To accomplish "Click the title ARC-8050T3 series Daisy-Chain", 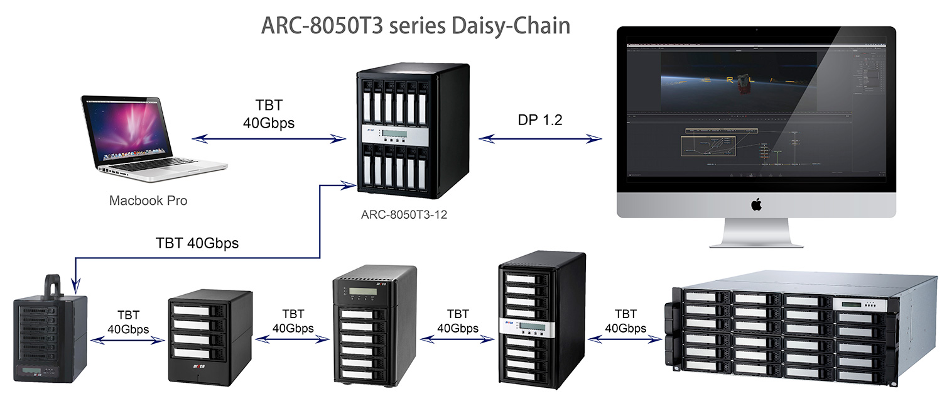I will (x=415, y=26).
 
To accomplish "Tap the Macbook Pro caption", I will (x=148, y=201).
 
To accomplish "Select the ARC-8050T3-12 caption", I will (x=408, y=214).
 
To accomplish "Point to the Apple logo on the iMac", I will (x=757, y=204).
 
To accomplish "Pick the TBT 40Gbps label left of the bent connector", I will (x=197, y=243).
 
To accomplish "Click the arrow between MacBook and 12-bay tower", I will (x=271, y=138).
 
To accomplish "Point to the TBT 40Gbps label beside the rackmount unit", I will (x=625, y=321).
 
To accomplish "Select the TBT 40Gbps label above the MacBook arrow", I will (x=269, y=113).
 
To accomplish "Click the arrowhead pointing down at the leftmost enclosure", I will (x=75, y=288).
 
